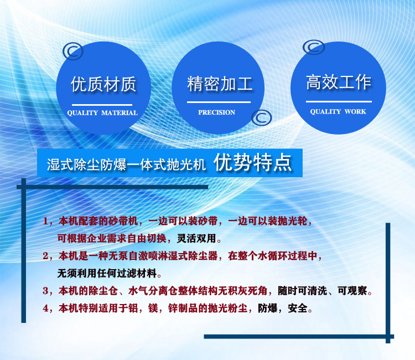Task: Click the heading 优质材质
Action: pos(103,84)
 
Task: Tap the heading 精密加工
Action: pos(220,84)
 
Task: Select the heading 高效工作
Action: pos(339,82)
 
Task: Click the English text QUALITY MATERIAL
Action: pos(102,113)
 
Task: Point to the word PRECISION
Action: pos(217,112)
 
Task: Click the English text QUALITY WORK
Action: pos(338,111)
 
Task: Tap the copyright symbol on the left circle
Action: pos(73,51)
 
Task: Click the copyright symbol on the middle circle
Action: pos(262,117)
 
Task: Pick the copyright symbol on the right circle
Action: pos(314,47)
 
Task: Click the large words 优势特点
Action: pos(253,162)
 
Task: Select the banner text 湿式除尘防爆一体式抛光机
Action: pos(126,164)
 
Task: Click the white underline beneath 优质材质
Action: pos(102,105)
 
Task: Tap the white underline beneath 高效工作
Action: pos(339,101)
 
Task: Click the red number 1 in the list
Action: pos(45,221)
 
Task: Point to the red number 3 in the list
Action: pos(45,291)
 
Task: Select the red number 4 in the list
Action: pos(45,308)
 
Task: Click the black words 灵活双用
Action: pos(196,238)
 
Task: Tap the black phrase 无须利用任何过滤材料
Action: pos(107,274)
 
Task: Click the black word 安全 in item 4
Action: pos(298,308)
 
